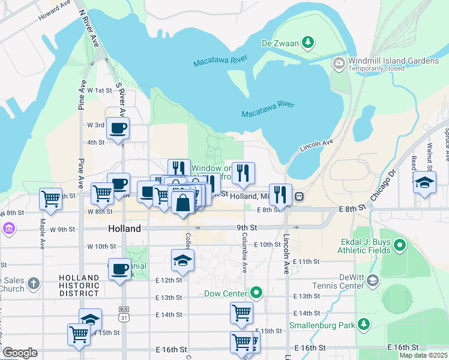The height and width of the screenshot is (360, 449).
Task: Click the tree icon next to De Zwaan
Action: click(308, 42)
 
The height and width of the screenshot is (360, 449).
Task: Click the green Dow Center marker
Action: click(257, 293)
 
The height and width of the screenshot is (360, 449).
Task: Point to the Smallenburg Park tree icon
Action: click(363, 325)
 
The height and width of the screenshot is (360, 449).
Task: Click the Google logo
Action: click(20, 353)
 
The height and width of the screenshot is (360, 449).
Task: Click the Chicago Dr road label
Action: click(384, 185)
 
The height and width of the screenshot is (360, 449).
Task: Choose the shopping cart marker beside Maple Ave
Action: click(50, 198)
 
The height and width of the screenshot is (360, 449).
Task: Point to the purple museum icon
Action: click(8, 229)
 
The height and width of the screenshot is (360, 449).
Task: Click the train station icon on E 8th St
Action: click(298, 196)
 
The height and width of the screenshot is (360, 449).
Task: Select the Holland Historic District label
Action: click(79, 286)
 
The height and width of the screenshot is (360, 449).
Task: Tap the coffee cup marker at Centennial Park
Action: click(119, 268)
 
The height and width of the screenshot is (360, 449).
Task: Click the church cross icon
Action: click(34, 283)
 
